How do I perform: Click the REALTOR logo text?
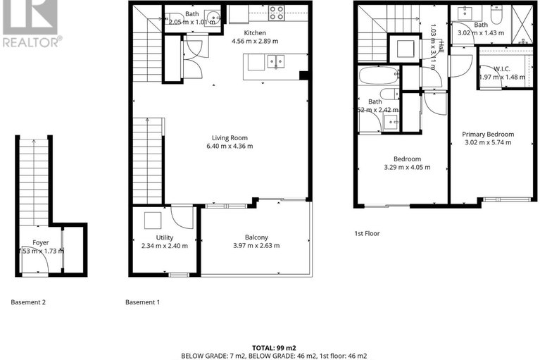tap(31, 42)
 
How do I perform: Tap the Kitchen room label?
tap(254, 32)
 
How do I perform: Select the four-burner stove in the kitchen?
tap(277, 13)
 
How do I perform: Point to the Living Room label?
tap(230, 138)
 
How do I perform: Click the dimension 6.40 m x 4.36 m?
tap(230, 147)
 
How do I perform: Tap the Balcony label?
tap(256, 237)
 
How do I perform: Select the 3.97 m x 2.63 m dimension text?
tap(256, 246)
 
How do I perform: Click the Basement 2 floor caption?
tap(28, 302)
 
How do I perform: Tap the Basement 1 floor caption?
tap(142, 302)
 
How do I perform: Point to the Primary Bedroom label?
tap(487, 134)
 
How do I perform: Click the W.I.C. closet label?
tap(501, 68)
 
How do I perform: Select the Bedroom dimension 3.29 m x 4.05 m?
tap(406, 168)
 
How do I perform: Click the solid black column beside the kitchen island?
tap(303, 75)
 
